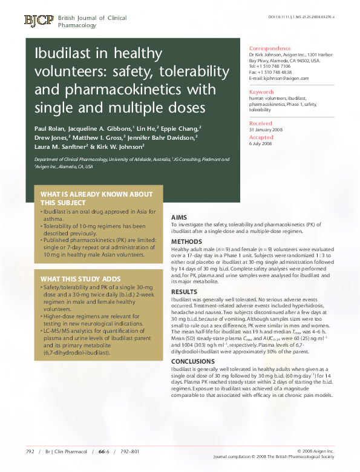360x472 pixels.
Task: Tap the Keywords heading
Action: click(261, 91)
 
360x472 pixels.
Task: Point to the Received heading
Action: click(261, 123)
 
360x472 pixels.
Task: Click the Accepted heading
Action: click(261, 137)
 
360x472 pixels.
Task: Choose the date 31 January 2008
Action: click(265, 130)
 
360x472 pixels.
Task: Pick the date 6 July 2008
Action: click(260, 143)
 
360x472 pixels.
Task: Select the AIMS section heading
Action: click(180, 217)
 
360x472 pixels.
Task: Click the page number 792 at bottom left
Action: click(30, 451)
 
